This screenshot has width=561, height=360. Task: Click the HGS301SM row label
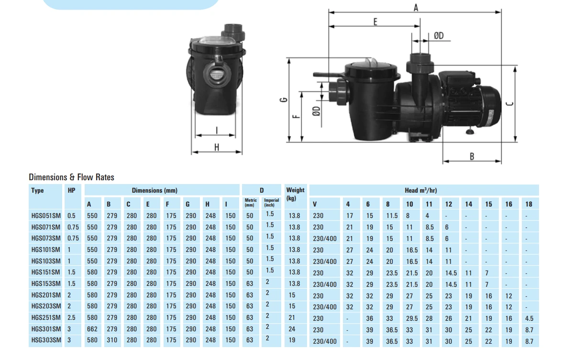[x=45, y=329]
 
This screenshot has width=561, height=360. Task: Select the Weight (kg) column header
[x=295, y=194]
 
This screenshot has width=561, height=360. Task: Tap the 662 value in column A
[x=92, y=329]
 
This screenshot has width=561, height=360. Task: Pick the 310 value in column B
[x=111, y=340]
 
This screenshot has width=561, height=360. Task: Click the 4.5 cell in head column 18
[x=529, y=318]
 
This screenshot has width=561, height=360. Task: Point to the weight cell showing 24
[x=292, y=329]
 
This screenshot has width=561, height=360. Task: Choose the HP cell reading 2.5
[x=72, y=318]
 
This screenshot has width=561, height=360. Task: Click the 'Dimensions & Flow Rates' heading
[x=71, y=177]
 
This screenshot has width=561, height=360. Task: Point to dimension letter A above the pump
[x=416, y=7]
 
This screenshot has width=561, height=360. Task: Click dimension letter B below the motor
[x=472, y=156]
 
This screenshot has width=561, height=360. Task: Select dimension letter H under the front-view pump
[x=216, y=147]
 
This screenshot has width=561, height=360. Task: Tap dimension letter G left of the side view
[x=283, y=100]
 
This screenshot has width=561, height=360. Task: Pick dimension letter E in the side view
[x=375, y=22]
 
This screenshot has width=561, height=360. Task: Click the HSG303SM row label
[x=45, y=340]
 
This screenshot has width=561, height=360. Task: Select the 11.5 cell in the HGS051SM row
[x=392, y=216]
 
